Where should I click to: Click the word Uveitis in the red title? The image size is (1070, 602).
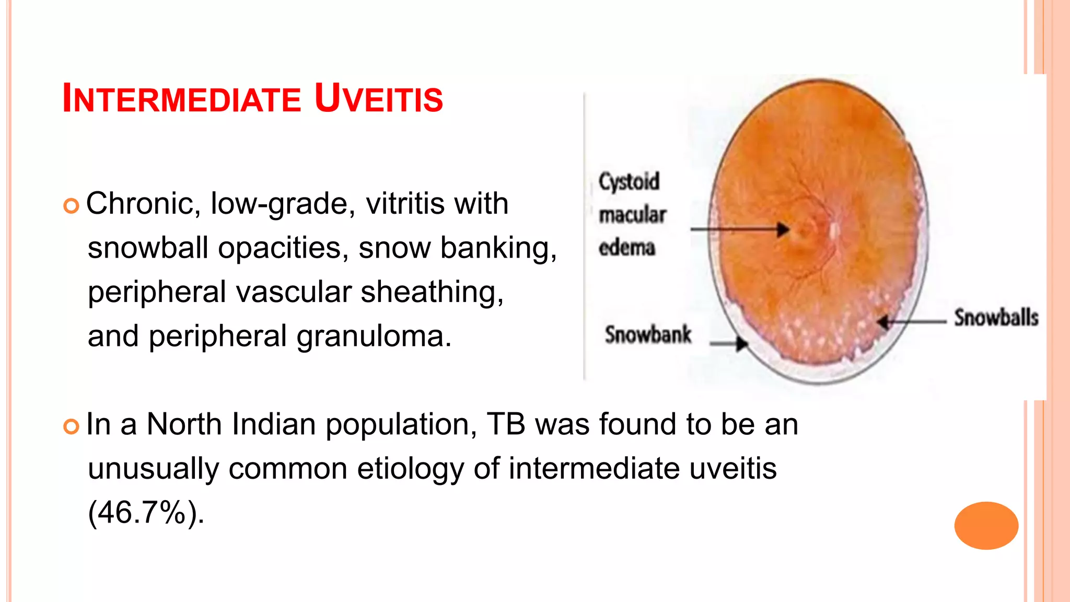[x=379, y=98]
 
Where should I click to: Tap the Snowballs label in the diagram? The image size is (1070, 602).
[x=996, y=318]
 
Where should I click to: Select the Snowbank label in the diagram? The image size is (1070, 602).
[x=648, y=335]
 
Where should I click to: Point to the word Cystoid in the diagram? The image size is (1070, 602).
[x=629, y=182]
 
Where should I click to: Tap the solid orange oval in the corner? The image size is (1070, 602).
[x=986, y=525]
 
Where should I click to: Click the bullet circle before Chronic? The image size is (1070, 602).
[x=71, y=205]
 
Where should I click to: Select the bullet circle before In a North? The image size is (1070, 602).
[x=71, y=426]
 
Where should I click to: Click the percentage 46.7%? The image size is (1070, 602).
[x=142, y=512]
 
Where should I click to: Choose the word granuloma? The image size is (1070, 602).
[x=374, y=336]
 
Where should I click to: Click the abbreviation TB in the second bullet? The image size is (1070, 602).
[x=506, y=424]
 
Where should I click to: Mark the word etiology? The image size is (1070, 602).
[x=410, y=468]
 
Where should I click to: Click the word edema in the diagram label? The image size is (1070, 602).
[x=626, y=248]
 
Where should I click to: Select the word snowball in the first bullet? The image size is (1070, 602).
[x=148, y=248]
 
